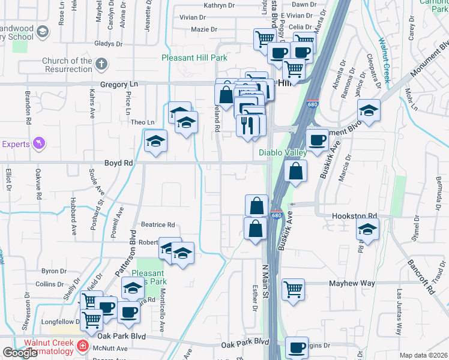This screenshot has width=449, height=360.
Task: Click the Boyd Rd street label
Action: (119, 163)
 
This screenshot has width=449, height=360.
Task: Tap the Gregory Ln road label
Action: (119, 85)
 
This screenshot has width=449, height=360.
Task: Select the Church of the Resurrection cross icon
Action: (102, 64)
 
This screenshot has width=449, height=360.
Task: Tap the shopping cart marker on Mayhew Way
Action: (293, 290)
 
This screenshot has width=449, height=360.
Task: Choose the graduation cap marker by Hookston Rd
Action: (367, 229)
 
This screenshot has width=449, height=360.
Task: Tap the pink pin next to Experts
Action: (40, 143)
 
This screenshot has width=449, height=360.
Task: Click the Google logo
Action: (20, 353)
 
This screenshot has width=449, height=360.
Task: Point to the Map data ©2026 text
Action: (423, 355)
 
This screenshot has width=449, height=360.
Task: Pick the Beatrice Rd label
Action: (157, 225)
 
